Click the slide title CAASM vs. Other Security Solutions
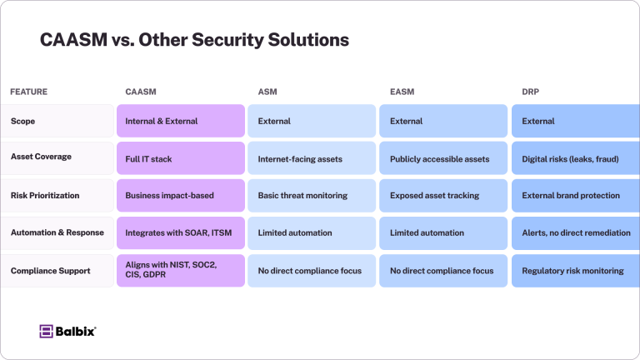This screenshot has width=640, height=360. point(194,40)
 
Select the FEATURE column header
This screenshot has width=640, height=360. point(29,91)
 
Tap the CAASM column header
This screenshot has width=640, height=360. point(141,91)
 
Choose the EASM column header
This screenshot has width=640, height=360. point(402,91)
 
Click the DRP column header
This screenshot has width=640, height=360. point(531,91)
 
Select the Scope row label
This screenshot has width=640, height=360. point(23,121)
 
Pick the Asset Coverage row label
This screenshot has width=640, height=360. point(41,157)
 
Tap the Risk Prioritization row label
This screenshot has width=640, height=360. point(45,195)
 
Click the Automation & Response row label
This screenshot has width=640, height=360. point(57,232)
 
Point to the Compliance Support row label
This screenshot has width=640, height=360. point(49,270)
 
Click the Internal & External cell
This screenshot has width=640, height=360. point(162,121)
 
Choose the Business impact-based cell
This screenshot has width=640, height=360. point(169,195)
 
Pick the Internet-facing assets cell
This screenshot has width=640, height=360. point(300,157)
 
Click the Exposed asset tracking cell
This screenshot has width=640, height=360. point(434,195)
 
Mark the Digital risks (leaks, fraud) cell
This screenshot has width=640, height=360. point(570,157)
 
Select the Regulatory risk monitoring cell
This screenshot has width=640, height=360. point(572,270)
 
